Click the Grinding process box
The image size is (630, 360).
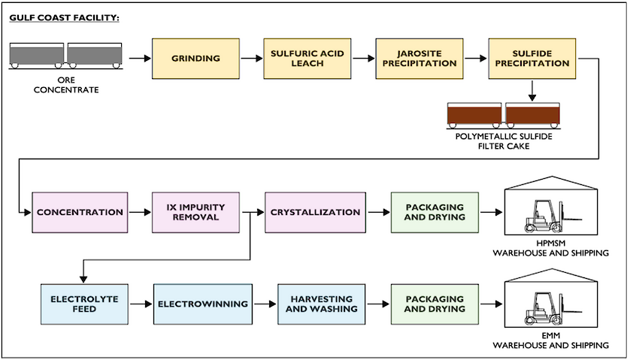[x=195, y=59]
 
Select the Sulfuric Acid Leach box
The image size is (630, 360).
[x=307, y=59]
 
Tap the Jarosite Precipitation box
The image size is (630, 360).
[x=419, y=59]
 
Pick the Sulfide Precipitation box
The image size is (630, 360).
[x=532, y=59]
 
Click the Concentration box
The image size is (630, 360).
[x=80, y=213]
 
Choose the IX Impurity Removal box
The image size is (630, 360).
[x=195, y=213]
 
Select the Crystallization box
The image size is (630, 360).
[x=316, y=213]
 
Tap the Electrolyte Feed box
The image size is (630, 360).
[x=84, y=304]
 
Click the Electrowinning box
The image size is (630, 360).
[x=203, y=304]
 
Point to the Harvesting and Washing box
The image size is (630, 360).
[x=322, y=304]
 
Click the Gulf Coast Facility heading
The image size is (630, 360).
[x=65, y=18]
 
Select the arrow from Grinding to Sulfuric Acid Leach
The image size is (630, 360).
[x=252, y=59]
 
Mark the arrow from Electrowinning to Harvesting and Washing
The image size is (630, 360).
[x=265, y=304]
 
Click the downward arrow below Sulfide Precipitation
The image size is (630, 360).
[x=532, y=91]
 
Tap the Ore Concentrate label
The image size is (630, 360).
[x=66, y=85]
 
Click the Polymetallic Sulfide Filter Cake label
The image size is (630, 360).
[x=504, y=141]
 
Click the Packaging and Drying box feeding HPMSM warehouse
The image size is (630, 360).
[x=435, y=213]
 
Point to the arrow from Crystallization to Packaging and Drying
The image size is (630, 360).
[x=378, y=213]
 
